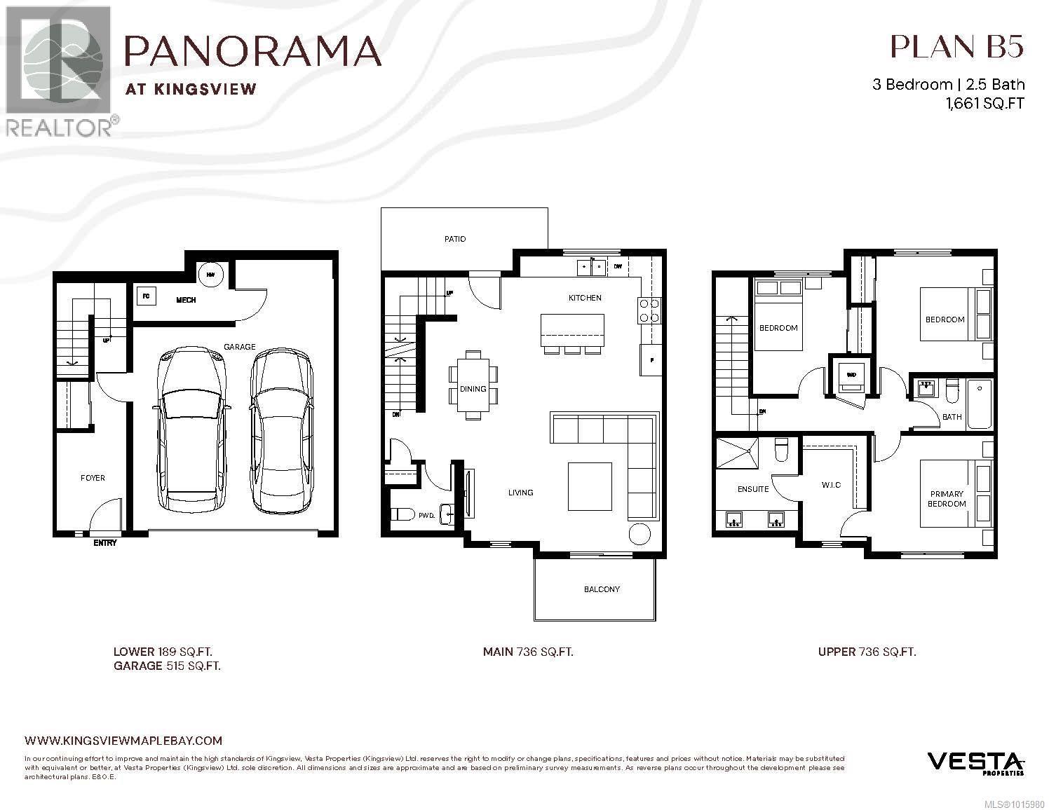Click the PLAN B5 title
point(956,47)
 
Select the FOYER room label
point(93,478)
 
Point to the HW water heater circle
point(210,275)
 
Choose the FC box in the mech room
point(147,296)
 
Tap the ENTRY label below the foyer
point(105,543)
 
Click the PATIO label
point(455,239)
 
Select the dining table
point(473,385)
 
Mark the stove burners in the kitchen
point(649,310)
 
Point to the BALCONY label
point(602,589)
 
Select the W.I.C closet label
point(831,485)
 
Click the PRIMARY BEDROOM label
point(947,498)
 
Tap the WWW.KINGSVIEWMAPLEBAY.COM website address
point(123,740)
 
